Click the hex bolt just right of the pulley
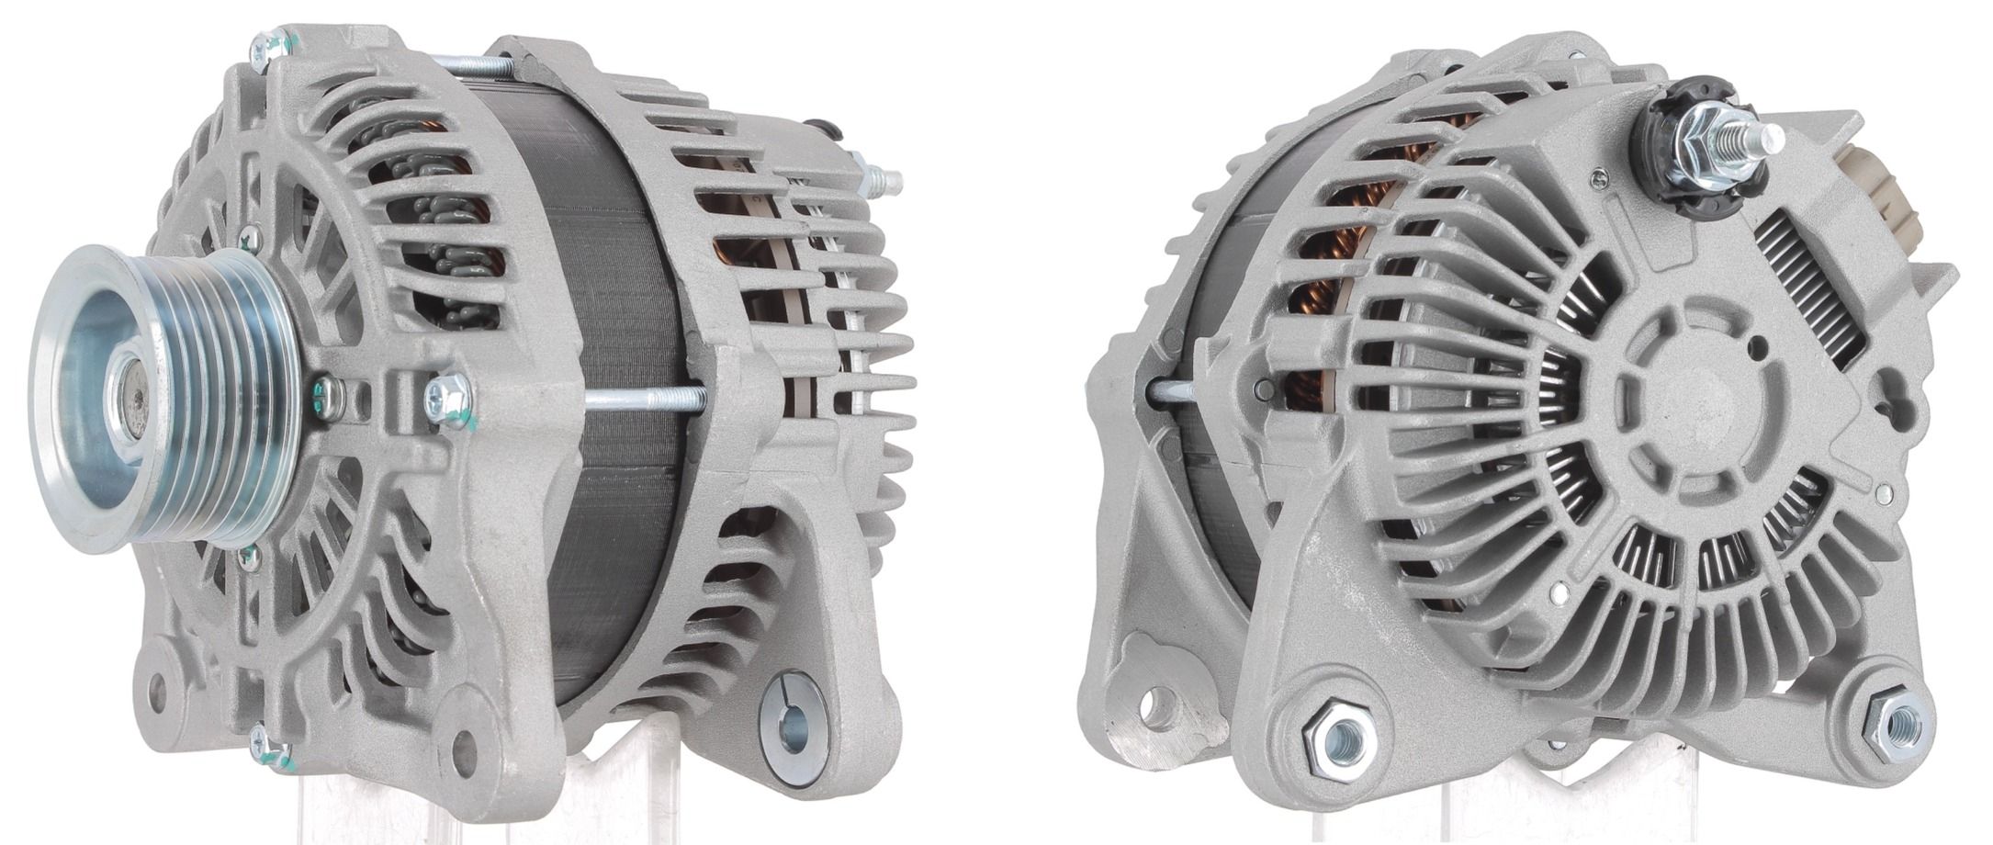tap(448, 397)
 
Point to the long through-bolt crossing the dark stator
tap(643, 397)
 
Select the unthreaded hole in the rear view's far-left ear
tap(1159, 705)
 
